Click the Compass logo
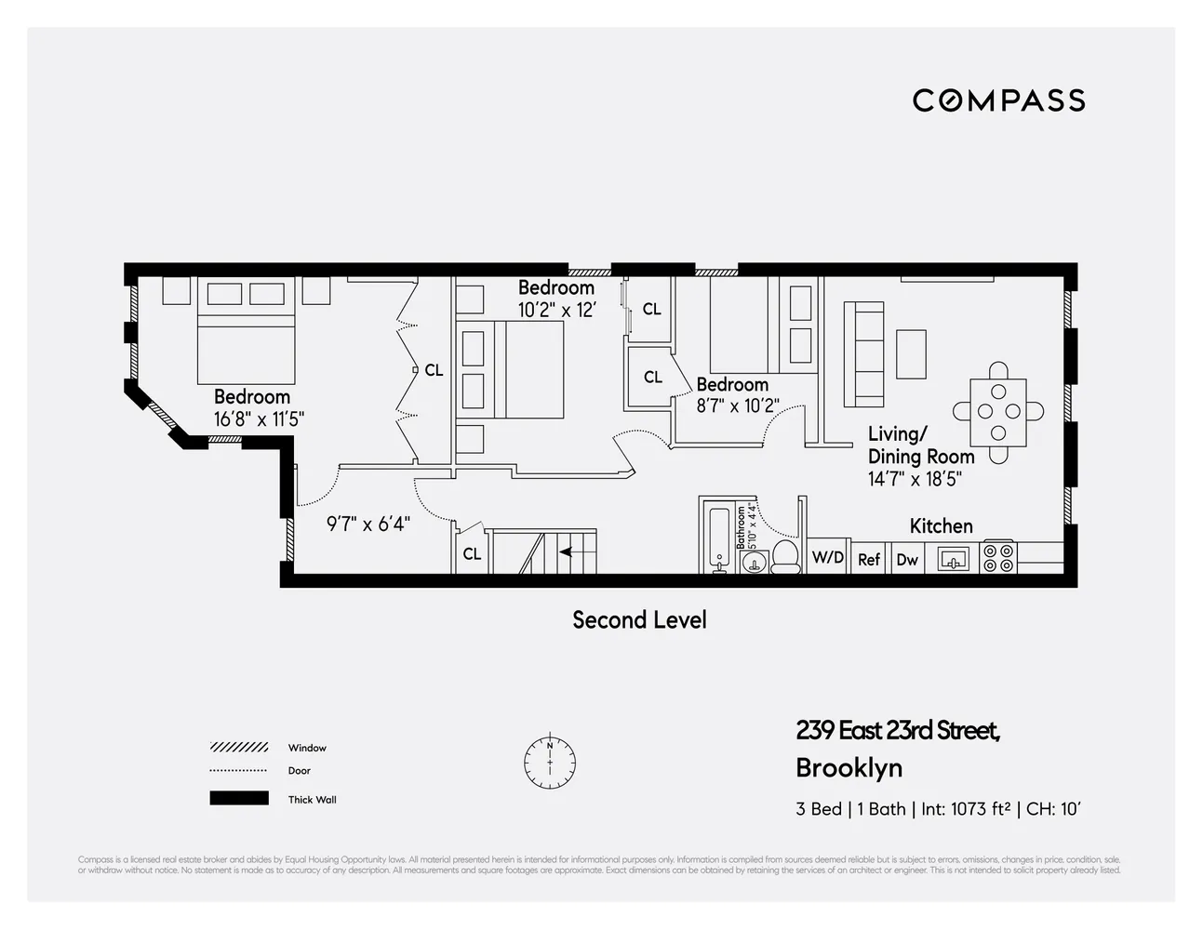point(998,100)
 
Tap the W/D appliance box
point(827,557)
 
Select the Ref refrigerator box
point(869,558)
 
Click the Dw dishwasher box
point(906,558)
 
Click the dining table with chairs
point(998,412)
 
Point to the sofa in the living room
point(862,354)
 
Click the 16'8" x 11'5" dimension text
point(259,419)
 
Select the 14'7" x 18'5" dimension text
point(915,479)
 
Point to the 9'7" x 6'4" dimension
point(368,525)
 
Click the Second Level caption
point(639,620)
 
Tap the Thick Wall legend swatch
point(239,798)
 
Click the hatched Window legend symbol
point(239,748)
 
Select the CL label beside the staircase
point(472,554)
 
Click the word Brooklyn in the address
point(849,768)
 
